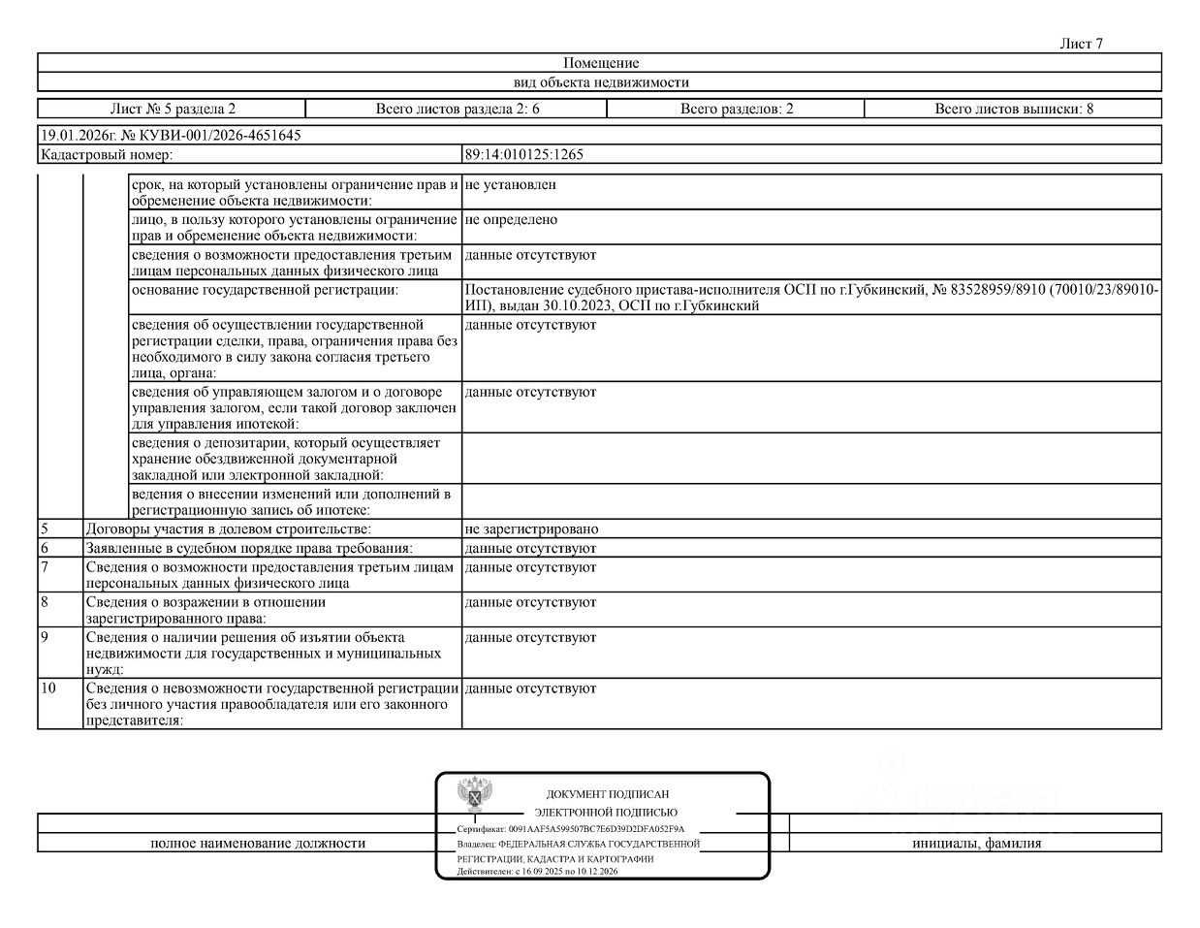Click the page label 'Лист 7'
click(1082, 44)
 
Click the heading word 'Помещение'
click(601, 63)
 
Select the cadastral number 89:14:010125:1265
click(524, 154)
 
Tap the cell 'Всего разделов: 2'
click(737, 109)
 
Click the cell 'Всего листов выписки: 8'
click(1014, 109)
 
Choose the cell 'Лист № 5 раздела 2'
click(173, 109)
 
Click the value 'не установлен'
click(510, 184)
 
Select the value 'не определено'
click(511, 220)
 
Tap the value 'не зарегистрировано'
click(531, 529)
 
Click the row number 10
click(48, 688)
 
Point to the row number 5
click(45, 529)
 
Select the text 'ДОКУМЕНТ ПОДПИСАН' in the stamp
click(607, 794)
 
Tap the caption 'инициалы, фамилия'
click(976, 844)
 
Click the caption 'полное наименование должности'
click(258, 844)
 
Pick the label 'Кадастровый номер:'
click(107, 154)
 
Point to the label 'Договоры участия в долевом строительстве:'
click(229, 529)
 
